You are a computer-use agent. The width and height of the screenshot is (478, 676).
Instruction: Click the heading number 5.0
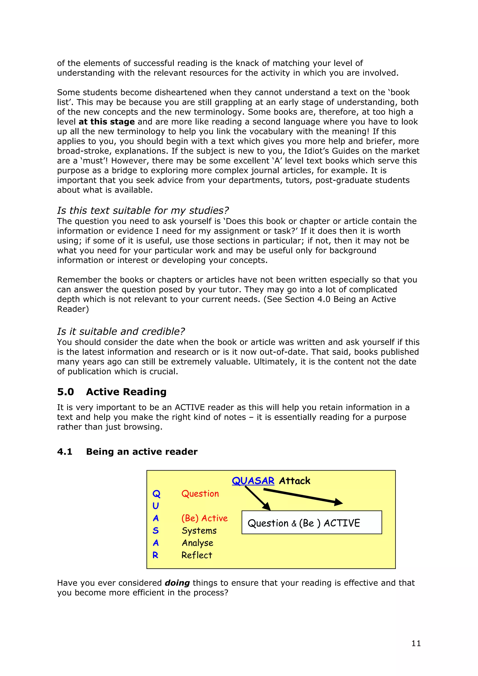click(x=65, y=392)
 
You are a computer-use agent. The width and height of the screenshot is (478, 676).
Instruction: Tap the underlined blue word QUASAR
click(x=253, y=481)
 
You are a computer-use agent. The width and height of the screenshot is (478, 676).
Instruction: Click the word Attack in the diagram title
click(x=295, y=481)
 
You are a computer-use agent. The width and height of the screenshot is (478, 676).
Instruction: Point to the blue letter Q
click(x=156, y=494)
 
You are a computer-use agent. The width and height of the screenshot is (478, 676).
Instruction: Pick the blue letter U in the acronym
click(x=155, y=506)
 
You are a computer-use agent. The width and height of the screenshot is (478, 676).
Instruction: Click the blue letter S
click(x=155, y=530)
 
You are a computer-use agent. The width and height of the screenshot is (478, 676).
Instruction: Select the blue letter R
click(x=155, y=555)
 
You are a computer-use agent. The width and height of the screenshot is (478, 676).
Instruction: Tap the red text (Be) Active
click(x=204, y=518)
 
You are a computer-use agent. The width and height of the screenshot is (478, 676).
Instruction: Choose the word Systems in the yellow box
click(x=199, y=530)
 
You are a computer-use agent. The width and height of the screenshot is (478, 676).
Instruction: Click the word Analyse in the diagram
click(x=197, y=543)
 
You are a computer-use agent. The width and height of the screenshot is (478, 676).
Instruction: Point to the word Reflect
click(x=197, y=555)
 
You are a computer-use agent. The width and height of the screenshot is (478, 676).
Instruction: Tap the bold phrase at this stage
click(x=107, y=122)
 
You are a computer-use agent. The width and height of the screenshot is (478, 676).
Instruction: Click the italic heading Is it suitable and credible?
click(x=121, y=331)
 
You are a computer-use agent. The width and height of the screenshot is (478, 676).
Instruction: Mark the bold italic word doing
click(x=177, y=583)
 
